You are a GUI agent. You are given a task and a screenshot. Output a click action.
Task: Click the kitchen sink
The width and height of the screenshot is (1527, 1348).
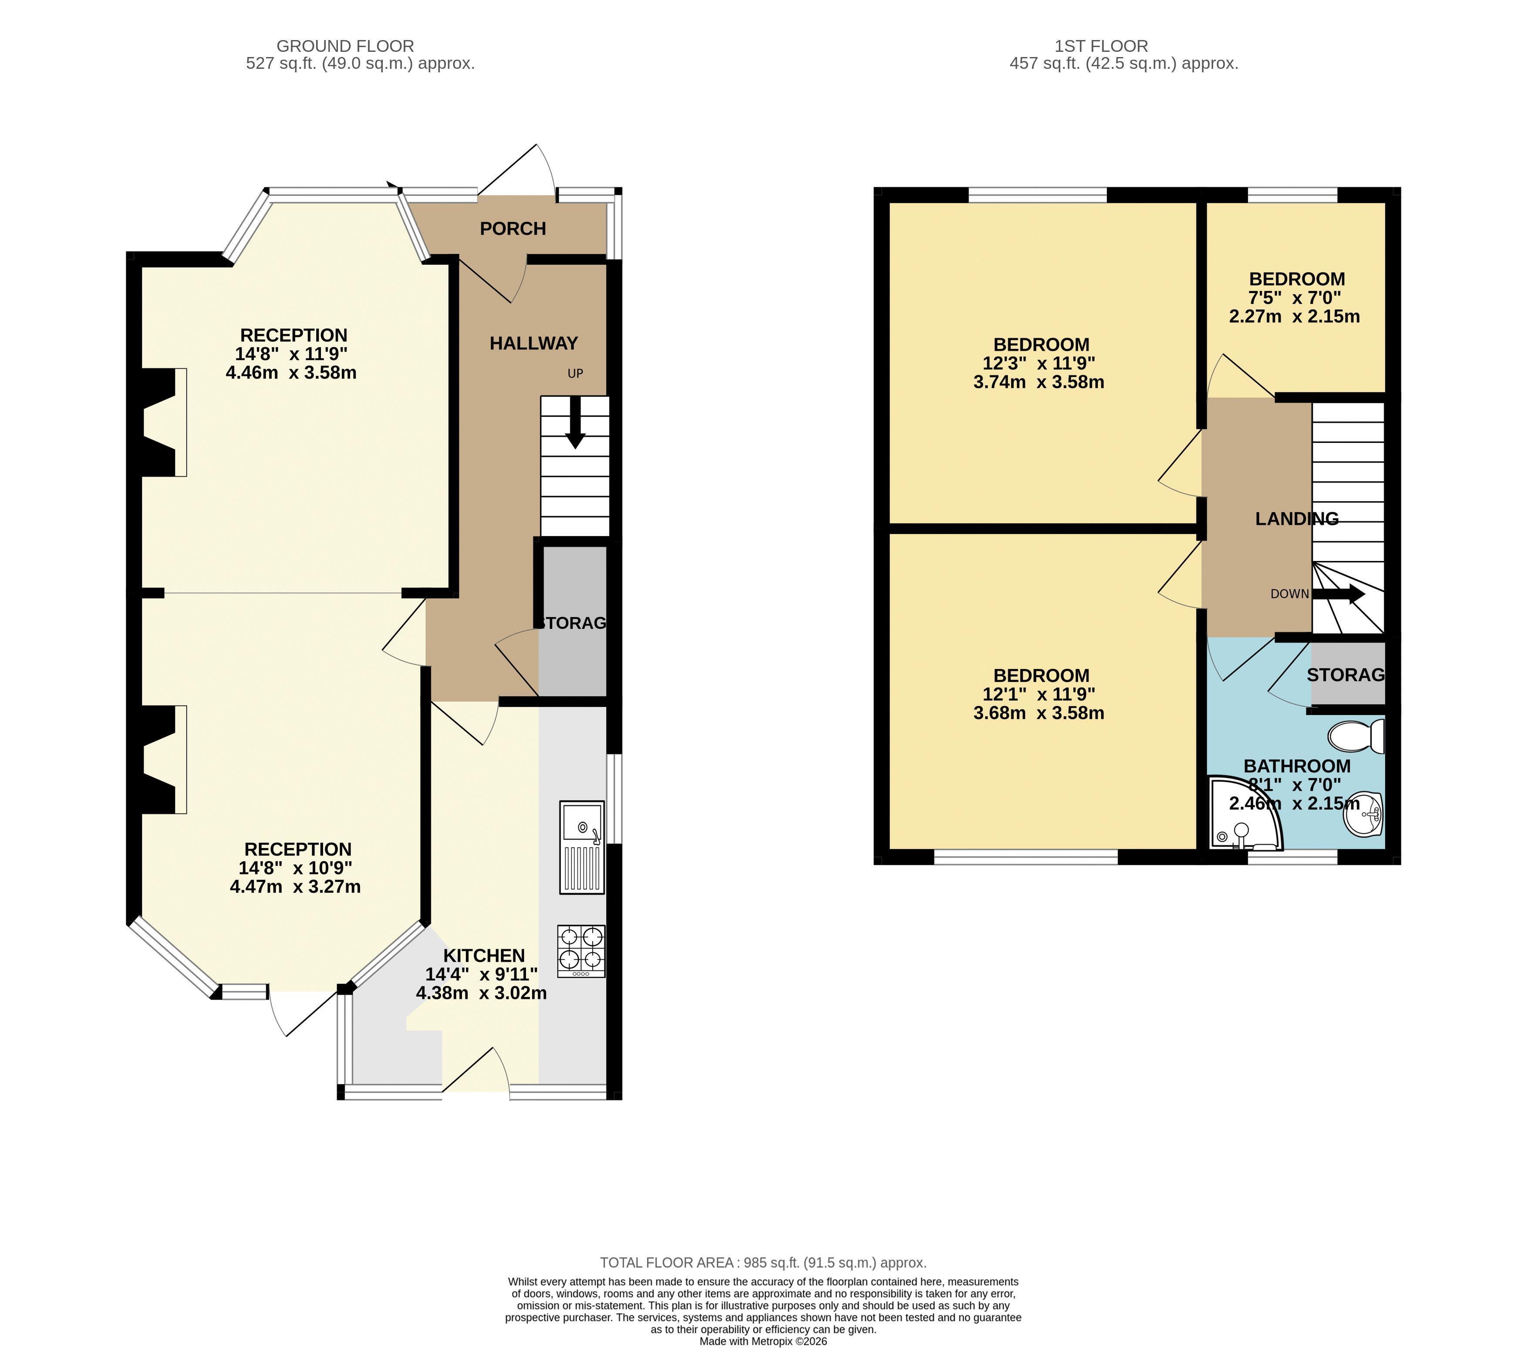click(582, 848)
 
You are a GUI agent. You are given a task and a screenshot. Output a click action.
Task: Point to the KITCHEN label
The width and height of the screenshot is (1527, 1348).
click(484, 956)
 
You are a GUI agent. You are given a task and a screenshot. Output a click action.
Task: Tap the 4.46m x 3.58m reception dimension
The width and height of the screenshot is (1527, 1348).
click(291, 372)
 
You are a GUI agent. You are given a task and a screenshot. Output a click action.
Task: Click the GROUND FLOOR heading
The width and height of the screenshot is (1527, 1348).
click(345, 46)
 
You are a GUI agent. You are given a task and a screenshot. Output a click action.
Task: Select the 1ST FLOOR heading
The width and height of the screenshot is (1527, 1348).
click(1101, 46)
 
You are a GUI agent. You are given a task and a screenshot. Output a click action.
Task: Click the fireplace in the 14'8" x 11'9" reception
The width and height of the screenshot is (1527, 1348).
click(158, 422)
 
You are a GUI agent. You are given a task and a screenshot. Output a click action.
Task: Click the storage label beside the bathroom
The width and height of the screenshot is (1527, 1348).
click(1345, 675)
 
